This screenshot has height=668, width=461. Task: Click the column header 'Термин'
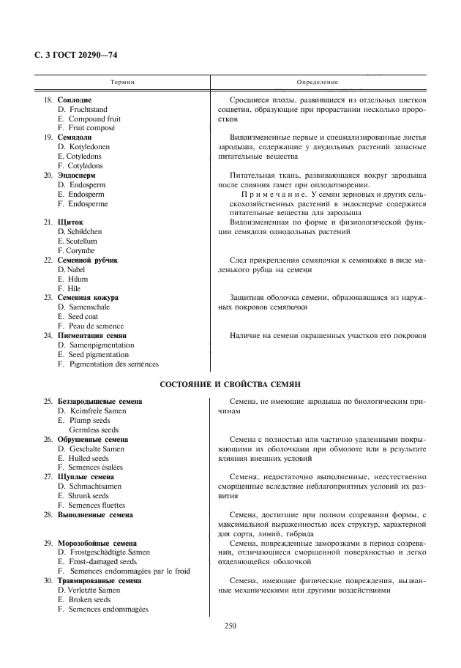122,83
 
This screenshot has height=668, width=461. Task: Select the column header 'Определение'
317,83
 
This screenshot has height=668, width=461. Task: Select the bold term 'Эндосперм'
81,176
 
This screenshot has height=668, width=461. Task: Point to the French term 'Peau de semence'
94,326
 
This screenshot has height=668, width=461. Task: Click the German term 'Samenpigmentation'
100,345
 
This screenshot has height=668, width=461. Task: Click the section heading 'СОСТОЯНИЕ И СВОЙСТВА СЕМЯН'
230,384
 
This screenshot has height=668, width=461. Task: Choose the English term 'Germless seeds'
94,429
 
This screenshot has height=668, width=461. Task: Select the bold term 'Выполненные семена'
95,514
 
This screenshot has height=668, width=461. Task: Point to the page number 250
230,626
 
